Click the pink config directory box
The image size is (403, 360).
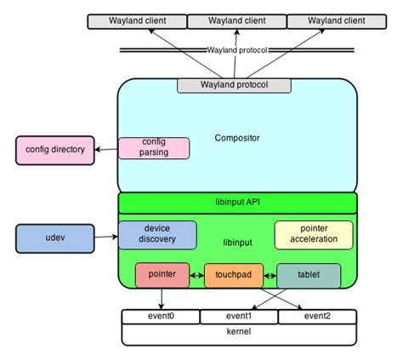tap(55, 151)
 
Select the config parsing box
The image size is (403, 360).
tap(154, 148)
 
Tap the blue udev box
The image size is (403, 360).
tap(55, 238)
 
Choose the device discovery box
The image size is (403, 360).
tap(157, 235)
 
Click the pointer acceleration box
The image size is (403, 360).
tap(314, 235)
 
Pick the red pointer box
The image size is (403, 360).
tap(162, 275)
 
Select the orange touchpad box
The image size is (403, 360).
tap(234, 276)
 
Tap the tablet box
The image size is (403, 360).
tap(309, 276)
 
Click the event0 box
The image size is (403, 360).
tap(161, 317)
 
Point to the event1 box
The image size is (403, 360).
tap(239, 317)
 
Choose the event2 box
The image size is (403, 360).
tap(317, 317)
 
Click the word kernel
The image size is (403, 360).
tap(239, 331)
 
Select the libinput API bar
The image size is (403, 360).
tap(237, 203)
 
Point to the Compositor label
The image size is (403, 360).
tap(237, 138)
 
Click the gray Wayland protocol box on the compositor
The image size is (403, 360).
tap(234, 86)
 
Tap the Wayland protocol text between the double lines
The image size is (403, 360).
tap(237, 50)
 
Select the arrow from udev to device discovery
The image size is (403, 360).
tap(106, 237)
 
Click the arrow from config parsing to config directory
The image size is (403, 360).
tap(106, 150)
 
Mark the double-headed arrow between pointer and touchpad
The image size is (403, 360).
tap(196, 275)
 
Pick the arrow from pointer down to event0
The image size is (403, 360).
tap(162, 299)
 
